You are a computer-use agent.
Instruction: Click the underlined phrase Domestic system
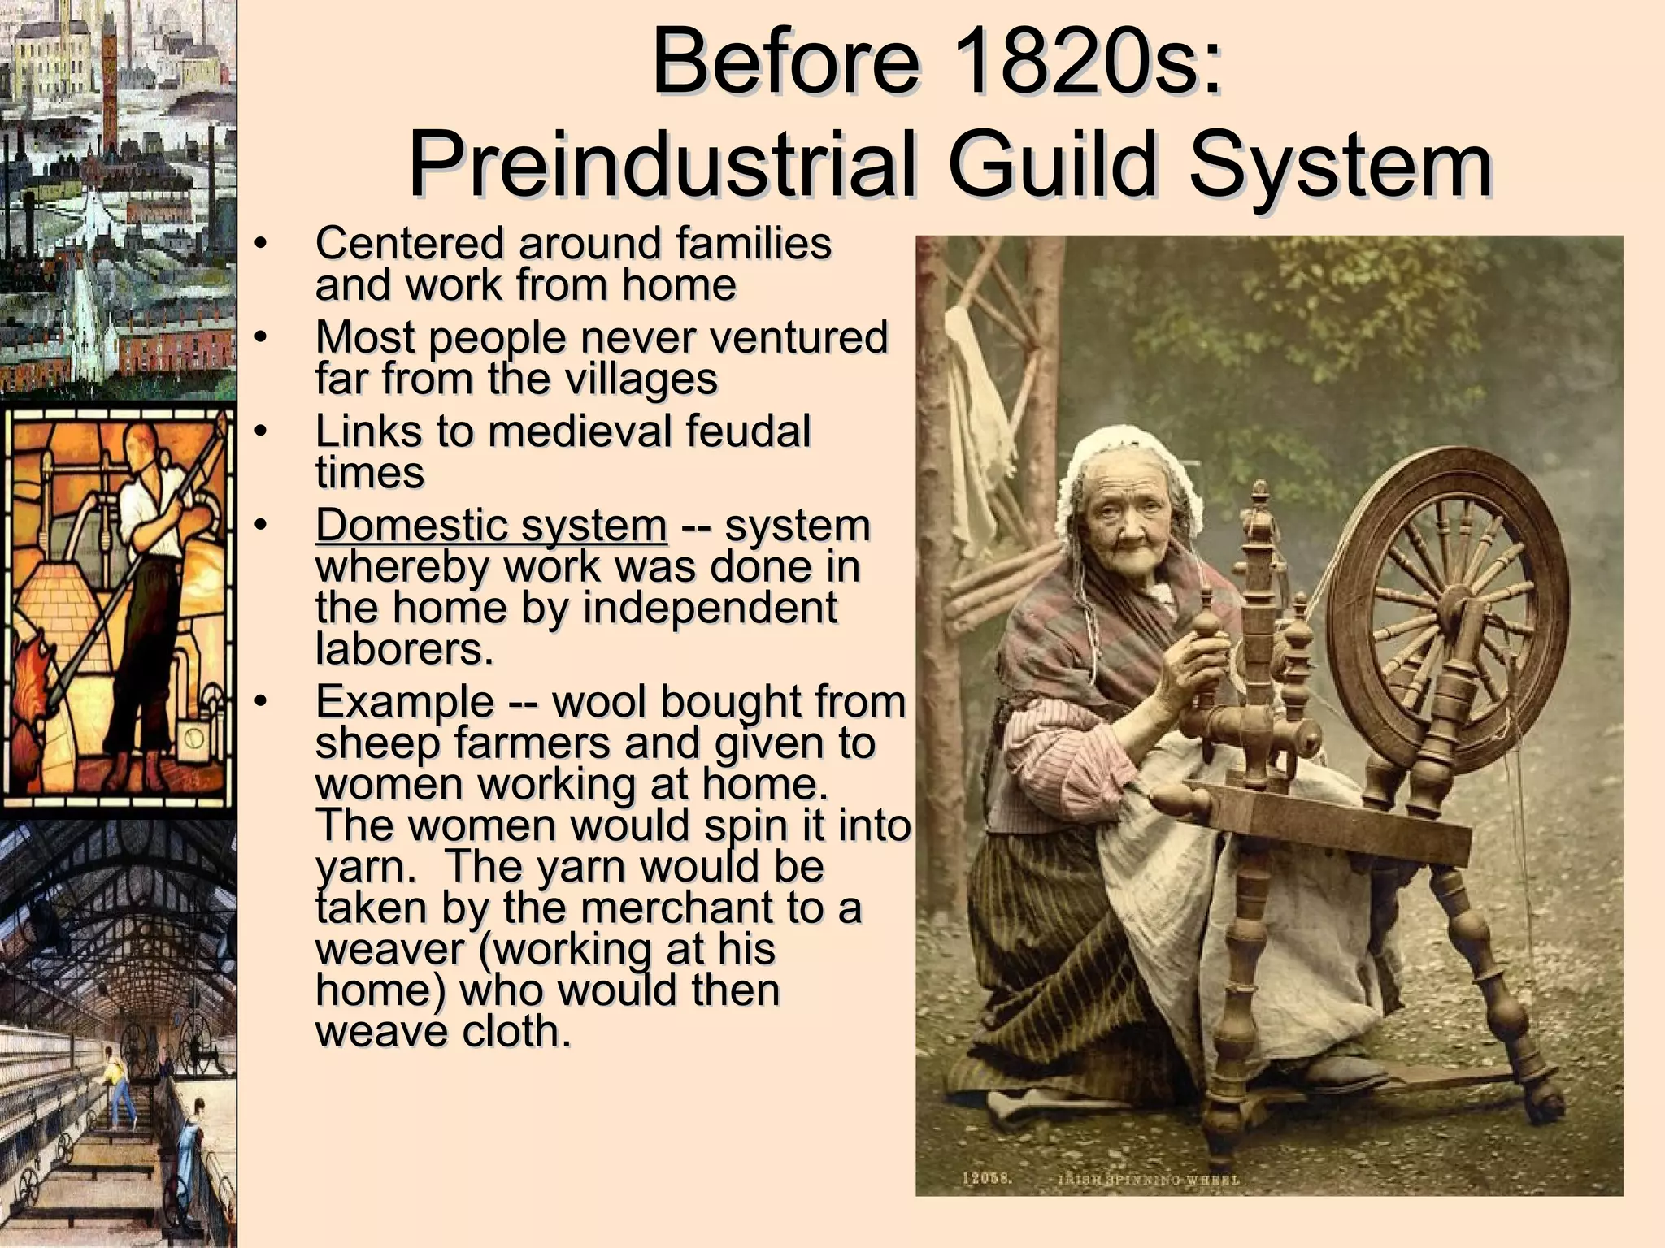[x=491, y=525]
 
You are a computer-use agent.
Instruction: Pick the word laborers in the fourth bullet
[x=405, y=649]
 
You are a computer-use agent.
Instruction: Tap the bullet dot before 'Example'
[x=259, y=701]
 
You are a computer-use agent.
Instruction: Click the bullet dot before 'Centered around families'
[x=259, y=243]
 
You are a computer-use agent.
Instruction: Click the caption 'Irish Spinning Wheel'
[x=1148, y=1180]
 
